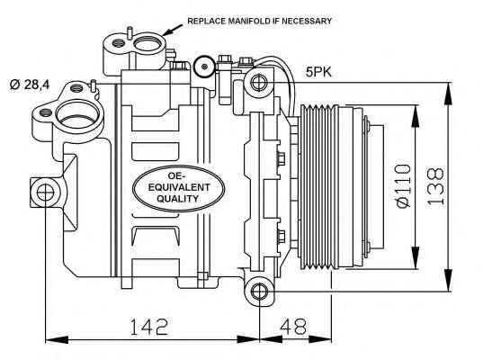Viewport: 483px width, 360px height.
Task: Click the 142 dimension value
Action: pyautogui.click(x=149, y=327)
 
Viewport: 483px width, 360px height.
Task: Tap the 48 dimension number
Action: pyautogui.click(x=293, y=327)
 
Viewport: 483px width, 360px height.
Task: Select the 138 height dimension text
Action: pyautogui.click(x=436, y=187)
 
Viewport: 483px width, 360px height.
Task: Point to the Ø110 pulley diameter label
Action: pyautogui.click(x=403, y=186)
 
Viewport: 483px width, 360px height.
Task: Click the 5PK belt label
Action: pyautogui.click(x=318, y=72)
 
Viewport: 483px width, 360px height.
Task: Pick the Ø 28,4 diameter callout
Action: pyautogui.click(x=30, y=84)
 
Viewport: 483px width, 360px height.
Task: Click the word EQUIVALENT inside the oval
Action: pyautogui.click(x=179, y=187)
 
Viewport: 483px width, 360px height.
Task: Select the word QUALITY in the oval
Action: pyautogui.click(x=178, y=199)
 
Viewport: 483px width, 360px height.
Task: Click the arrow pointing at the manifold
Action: pyautogui.click(x=173, y=30)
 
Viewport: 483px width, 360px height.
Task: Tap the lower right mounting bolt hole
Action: pyautogui.click(x=259, y=292)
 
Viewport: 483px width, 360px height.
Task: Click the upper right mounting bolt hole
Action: pyautogui.click(x=259, y=82)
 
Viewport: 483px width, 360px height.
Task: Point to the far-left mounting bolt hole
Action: pyautogui.click(x=45, y=192)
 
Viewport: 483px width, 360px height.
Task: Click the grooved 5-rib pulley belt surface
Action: pyautogui.click(x=318, y=186)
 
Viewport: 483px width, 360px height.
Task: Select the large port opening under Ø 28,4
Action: pyautogui.click(x=77, y=116)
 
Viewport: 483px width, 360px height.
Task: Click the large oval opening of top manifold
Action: pyautogui.click(x=146, y=45)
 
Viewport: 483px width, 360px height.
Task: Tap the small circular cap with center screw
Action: pyautogui.click(x=203, y=67)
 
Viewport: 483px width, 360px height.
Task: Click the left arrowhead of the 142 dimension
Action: pyautogui.click(x=57, y=339)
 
